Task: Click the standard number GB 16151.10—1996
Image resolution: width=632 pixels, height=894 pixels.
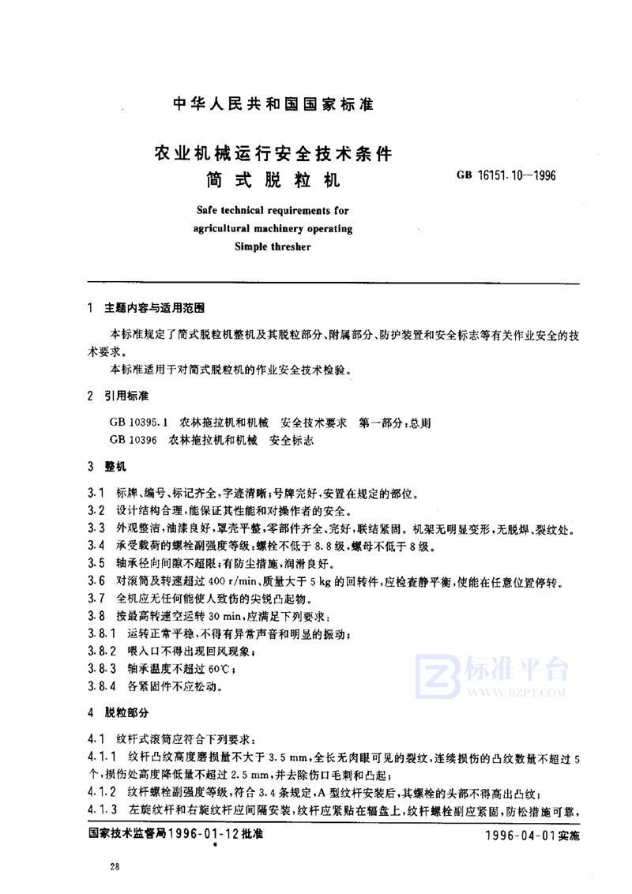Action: click(x=507, y=176)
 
